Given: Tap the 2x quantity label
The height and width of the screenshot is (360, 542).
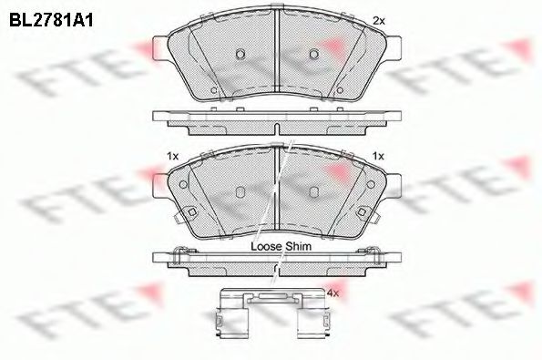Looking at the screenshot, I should click(x=379, y=20).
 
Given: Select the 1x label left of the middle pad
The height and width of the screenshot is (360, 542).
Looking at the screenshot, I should click(x=171, y=157).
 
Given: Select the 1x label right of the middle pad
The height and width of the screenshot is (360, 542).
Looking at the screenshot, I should click(x=379, y=157).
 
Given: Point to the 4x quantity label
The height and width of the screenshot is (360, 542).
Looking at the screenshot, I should click(x=332, y=293).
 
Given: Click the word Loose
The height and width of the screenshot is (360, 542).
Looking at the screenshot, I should click(x=261, y=246).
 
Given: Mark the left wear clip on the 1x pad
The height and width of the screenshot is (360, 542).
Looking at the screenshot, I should click(x=191, y=212).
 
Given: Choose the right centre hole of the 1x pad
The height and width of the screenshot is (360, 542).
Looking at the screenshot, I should click(x=312, y=191).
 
